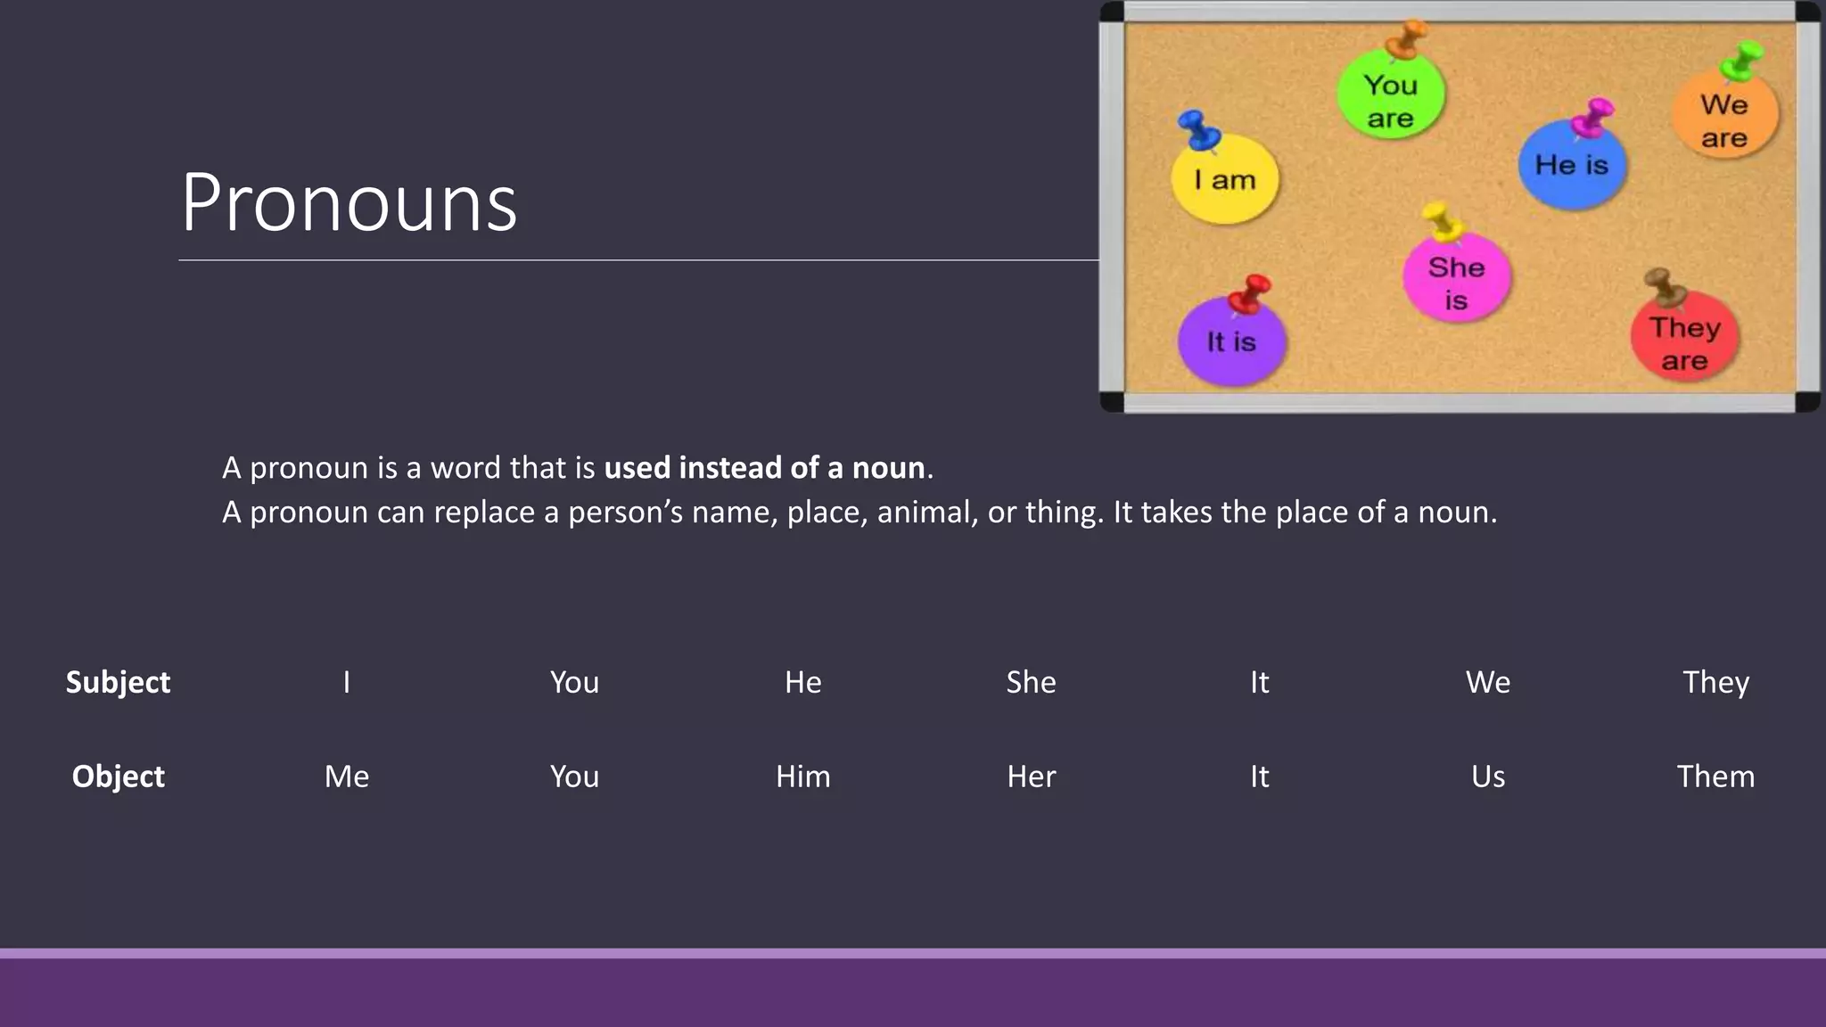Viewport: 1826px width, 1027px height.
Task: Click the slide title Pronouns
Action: tap(349, 203)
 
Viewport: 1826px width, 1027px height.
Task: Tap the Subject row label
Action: tap(118, 682)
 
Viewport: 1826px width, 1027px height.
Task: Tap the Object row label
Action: tap(118, 776)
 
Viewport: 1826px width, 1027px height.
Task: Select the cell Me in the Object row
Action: tap(347, 776)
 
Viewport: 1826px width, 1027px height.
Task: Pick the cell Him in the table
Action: tap(802, 776)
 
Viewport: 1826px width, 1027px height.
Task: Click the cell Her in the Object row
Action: tap(1031, 776)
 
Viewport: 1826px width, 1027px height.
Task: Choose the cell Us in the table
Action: tap(1487, 776)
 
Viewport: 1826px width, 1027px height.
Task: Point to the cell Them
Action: tap(1715, 776)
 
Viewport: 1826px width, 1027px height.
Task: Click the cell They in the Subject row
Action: tap(1715, 682)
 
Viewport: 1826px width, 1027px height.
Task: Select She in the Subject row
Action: tap(1031, 682)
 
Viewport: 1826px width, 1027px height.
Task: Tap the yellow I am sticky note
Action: tap(1224, 181)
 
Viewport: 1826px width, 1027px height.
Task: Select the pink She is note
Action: tap(1456, 281)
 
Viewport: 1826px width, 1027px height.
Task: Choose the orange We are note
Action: tap(1723, 119)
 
